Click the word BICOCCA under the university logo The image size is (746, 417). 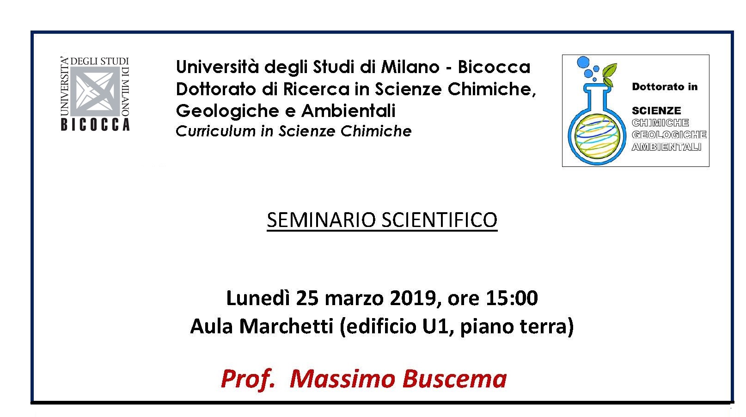95,125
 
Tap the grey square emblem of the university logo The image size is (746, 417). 95,92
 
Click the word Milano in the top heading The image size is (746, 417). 410,67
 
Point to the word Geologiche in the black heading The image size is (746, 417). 227,111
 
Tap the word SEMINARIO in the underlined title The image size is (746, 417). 321,220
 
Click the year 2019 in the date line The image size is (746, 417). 413,297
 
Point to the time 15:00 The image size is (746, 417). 512,297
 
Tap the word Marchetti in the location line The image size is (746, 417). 286,326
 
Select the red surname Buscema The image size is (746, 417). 455,379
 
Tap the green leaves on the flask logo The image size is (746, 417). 609,74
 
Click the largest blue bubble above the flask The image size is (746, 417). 583,62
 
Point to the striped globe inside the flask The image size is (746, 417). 597,135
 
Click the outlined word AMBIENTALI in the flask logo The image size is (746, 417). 667,147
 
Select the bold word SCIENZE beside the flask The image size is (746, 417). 656,110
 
